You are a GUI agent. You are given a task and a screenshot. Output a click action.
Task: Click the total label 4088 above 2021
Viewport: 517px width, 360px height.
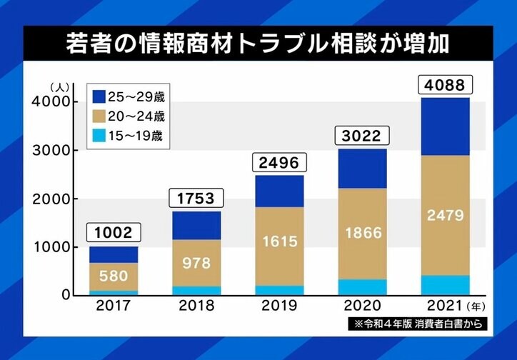pos(444,86)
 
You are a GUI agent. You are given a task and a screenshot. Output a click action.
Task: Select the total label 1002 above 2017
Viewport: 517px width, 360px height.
pos(114,233)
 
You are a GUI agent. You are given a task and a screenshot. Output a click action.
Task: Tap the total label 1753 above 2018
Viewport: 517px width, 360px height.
pos(196,199)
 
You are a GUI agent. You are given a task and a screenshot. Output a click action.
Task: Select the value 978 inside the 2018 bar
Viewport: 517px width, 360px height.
pos(196,262)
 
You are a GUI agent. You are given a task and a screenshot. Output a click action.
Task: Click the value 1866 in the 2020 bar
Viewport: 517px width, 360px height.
pos(361,232)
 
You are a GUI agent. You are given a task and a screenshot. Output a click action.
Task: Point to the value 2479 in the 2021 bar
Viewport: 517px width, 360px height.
pos(444,214)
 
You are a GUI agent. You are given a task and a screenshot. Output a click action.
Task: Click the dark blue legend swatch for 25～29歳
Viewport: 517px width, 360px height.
pos(98,96)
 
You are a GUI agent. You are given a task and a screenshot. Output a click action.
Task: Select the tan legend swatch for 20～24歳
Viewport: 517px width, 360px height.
pos(98,116)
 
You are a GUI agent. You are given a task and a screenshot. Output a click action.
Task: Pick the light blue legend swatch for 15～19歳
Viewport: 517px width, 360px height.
pos(98,136)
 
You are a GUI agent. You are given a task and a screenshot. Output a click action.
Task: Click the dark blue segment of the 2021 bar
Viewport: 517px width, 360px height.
pos(444,126)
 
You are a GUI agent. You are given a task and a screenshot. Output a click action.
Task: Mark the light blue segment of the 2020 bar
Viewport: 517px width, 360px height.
pos(361,286)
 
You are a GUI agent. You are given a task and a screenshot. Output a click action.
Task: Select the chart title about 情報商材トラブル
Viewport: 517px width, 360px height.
pos(258,44)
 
